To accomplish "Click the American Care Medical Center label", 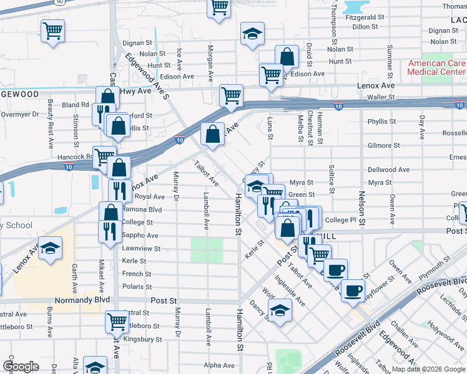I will (x=436, y=67).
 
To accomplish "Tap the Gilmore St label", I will (x=383, y=145).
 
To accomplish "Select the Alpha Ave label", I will (x=220, y=365).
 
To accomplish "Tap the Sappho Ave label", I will (x=140, y=236).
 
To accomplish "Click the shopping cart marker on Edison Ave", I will (x=271, y=75).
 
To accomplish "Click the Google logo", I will (x=21, y=366).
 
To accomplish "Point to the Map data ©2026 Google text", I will (x=428, y=369).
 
